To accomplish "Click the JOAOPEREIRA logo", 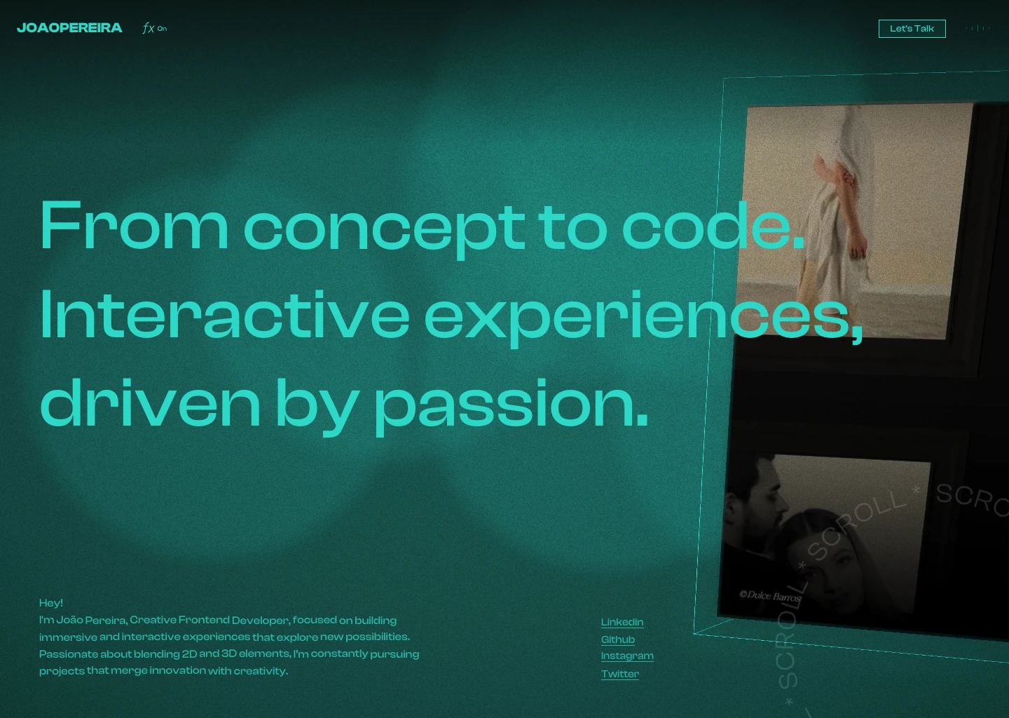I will pyautogui.click(x=69, y=28).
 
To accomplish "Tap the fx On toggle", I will pyautogui.click(x=154, y=29).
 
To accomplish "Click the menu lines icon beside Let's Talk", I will pyautogui.click(x=978, y=29).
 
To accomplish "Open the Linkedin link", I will pyautogui.click(x=622, y=622).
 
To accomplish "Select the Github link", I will pyautogui.click(x=617, y=639).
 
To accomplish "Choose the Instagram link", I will pyautogui.click(x=626, y=656).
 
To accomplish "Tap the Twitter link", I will pyautogui.click(x=619, y=674).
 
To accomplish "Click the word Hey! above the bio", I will pyautogui.click(x=51, y=603).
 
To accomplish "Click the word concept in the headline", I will pyautogui.click(x=383, y=228).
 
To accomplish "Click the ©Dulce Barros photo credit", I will pyautogui.click(x=770, y=596).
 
